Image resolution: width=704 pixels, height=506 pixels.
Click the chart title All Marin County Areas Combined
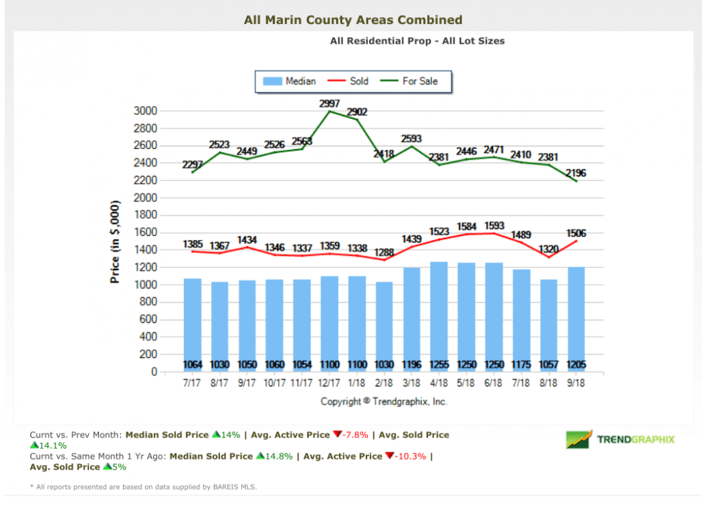pyautogui.click(x=353, y=20)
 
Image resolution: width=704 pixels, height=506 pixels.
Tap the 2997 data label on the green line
pyautogui.click(x=330, y=103)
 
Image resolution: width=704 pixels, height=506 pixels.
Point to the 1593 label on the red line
pyautogui.click(x=495, y=225)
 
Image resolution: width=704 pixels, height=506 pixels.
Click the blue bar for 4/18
pyautogui.click(x=439, y=315)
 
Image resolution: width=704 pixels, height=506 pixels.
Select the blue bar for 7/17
pyautogui.click(x=193, y=321)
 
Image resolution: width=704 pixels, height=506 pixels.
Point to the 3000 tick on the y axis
pyautogui.click(x=145, y=111)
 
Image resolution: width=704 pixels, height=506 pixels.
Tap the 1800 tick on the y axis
pyautogui.click(x=145, y=215)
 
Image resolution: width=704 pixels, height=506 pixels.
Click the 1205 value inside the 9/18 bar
pyautogui.click(x=576, y=364)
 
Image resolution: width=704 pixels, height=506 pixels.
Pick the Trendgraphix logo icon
pyautogui.click(x=578, y=439)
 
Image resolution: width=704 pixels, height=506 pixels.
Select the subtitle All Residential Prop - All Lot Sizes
pyautogui.click(x=417, y=41)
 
